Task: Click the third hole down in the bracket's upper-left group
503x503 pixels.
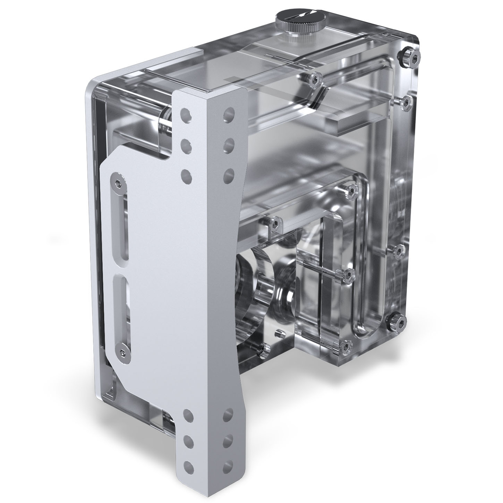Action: click(x=187, y=176)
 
